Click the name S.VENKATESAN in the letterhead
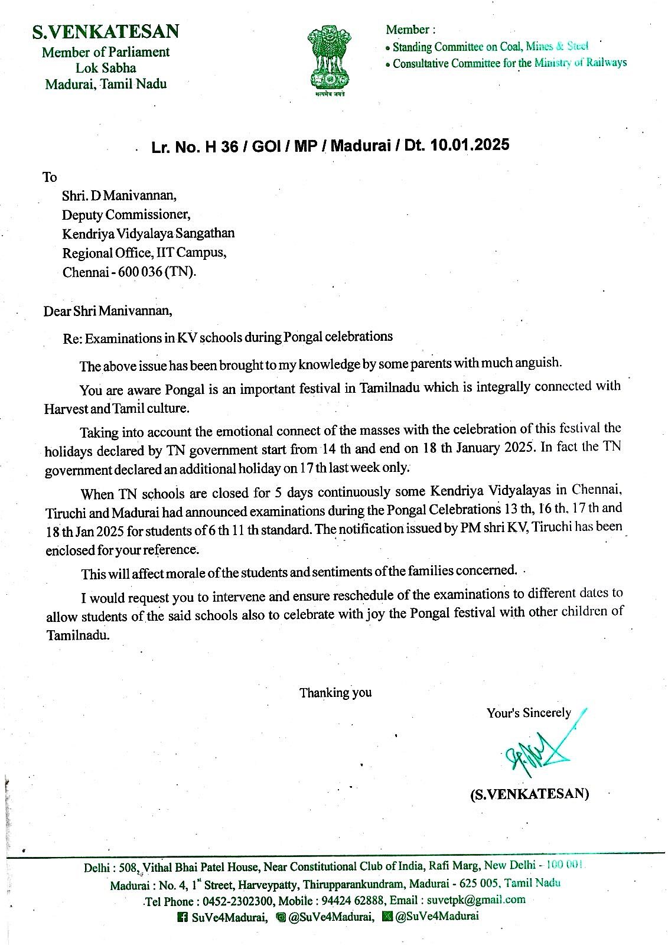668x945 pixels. pos(106,31)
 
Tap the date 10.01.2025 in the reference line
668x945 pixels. pos(470,145)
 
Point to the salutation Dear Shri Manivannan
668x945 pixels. pos(108,311)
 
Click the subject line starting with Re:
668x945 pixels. pos(227,338)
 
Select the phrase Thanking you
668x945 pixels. pos(335,692)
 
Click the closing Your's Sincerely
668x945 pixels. pos(529,713)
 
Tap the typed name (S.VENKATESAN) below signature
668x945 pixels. pos(529,794)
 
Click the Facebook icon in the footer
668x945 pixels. pos(183,917)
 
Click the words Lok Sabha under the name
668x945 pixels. pos(106,68)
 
